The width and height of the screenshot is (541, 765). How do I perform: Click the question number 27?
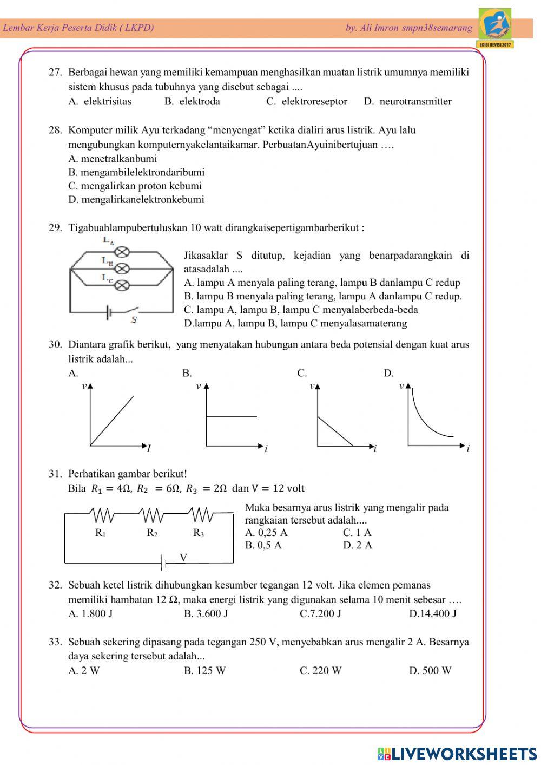[55, 73]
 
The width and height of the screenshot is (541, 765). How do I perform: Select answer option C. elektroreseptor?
[307, 101]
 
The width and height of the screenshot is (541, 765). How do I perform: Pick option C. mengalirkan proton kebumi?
[135, 186]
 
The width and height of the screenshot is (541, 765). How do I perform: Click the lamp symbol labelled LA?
[123, 252]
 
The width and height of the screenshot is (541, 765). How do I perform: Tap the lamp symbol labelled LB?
[123, 268]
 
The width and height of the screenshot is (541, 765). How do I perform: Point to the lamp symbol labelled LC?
[123, 284]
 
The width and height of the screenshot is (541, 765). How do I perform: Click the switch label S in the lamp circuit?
[134, 319]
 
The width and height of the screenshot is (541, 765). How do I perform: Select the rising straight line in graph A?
[113, 421]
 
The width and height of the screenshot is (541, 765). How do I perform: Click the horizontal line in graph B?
[232, 416]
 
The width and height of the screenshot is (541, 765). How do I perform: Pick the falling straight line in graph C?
[335, 431]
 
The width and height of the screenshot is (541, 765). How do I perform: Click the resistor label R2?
[152, 533]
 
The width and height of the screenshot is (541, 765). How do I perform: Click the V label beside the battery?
[183, 557]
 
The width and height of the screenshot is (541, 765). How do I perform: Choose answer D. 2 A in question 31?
[358, 545]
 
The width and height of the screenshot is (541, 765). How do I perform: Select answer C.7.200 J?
[320, 613]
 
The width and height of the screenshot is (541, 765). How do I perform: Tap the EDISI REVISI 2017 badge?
[496, 44]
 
